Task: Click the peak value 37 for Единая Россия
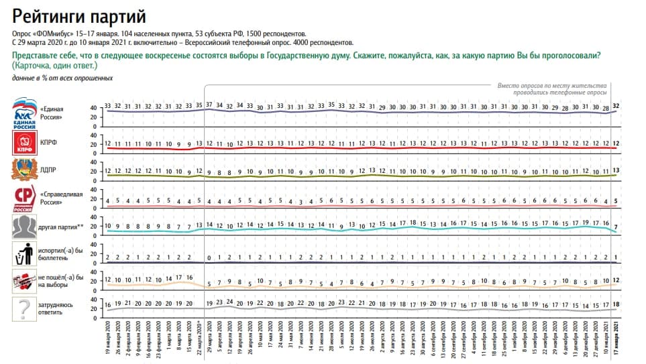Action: click(x=209, y=106)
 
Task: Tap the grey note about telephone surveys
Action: click(x=552, y=88)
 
